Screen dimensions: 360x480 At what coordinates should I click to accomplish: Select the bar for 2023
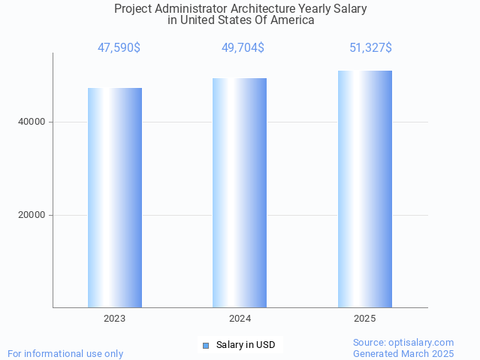click(115, 198)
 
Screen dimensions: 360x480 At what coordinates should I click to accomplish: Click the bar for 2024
click(240, 192)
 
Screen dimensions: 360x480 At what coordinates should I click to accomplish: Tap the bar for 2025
click(364, 189)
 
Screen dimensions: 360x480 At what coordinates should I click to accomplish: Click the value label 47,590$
click(119, 48)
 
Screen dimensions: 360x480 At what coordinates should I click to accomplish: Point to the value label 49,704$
click(243, 48)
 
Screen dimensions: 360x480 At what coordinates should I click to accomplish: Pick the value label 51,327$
click(370, 48)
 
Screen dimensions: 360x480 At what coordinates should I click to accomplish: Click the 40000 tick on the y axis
click(32, 122)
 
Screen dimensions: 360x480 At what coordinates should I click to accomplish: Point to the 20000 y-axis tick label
click(32, 215)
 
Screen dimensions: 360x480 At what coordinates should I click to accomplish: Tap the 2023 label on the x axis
click(115, 319)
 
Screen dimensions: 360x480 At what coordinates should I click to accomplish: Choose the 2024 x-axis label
click(240, 319)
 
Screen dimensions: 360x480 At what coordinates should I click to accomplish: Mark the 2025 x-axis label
click(364, 319)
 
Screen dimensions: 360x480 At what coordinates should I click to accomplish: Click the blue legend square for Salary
click(206, 346)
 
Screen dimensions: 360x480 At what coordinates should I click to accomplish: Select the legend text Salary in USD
click(246, 345)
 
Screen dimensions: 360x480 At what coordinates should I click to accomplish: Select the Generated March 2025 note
click(403, 353)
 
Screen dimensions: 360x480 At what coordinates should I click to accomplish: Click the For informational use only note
click(65, 353)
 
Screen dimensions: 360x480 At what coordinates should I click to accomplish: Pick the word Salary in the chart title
click(350, 9)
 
